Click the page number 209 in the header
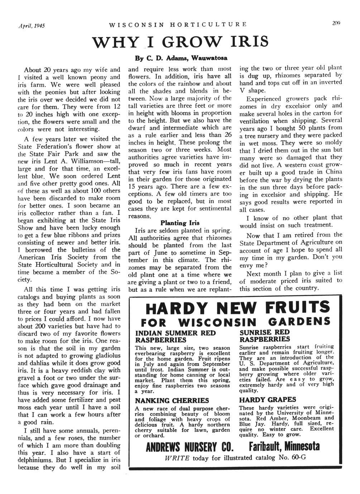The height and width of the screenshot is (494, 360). (336, 24)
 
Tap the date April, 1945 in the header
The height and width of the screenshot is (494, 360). (32, 25)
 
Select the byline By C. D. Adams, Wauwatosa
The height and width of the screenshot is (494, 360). (181, 58)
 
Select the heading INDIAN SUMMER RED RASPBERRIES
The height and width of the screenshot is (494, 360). (175, 336)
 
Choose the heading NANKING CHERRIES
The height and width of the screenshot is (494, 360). (172, 400)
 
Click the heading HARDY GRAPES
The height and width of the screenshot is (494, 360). (268, 399)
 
